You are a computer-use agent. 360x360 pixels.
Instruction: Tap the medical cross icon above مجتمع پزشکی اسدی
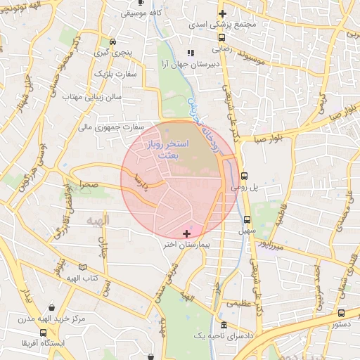[222, 13]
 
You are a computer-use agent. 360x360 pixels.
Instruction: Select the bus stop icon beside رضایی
[221, 38]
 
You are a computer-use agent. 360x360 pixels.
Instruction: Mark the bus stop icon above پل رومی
[245, 176]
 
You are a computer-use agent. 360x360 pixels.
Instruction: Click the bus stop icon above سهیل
[247, 219]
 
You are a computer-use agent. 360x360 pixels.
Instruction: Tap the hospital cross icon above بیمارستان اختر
[186, 233]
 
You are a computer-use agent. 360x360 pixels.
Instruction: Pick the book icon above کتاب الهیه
[83, 267]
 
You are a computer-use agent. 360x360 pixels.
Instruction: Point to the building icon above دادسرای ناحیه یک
[224, 325]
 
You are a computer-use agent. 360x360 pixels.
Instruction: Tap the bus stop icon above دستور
[341, 313]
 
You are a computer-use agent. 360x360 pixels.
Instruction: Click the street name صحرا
[92, 185]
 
